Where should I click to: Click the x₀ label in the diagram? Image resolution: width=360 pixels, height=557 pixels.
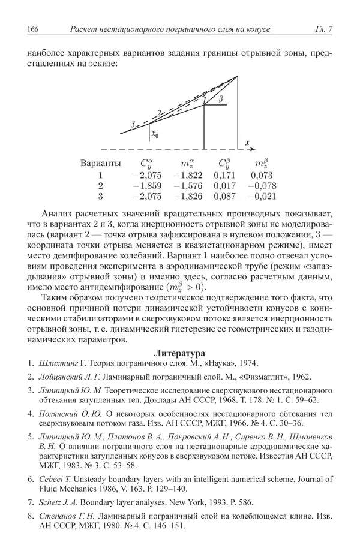(x=155, y=135)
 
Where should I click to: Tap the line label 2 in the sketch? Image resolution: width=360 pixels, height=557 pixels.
(x=159, y=112)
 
